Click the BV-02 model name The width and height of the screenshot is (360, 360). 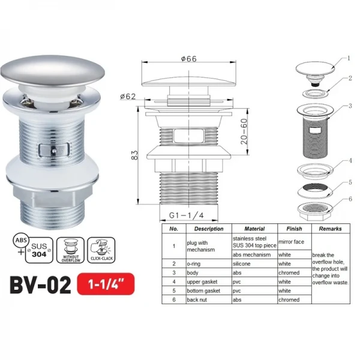click(37, 283)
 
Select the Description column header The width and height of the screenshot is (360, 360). click(208, 229)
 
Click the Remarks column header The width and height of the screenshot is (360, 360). click(330, 229)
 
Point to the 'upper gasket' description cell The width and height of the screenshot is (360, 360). click(202, 281)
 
